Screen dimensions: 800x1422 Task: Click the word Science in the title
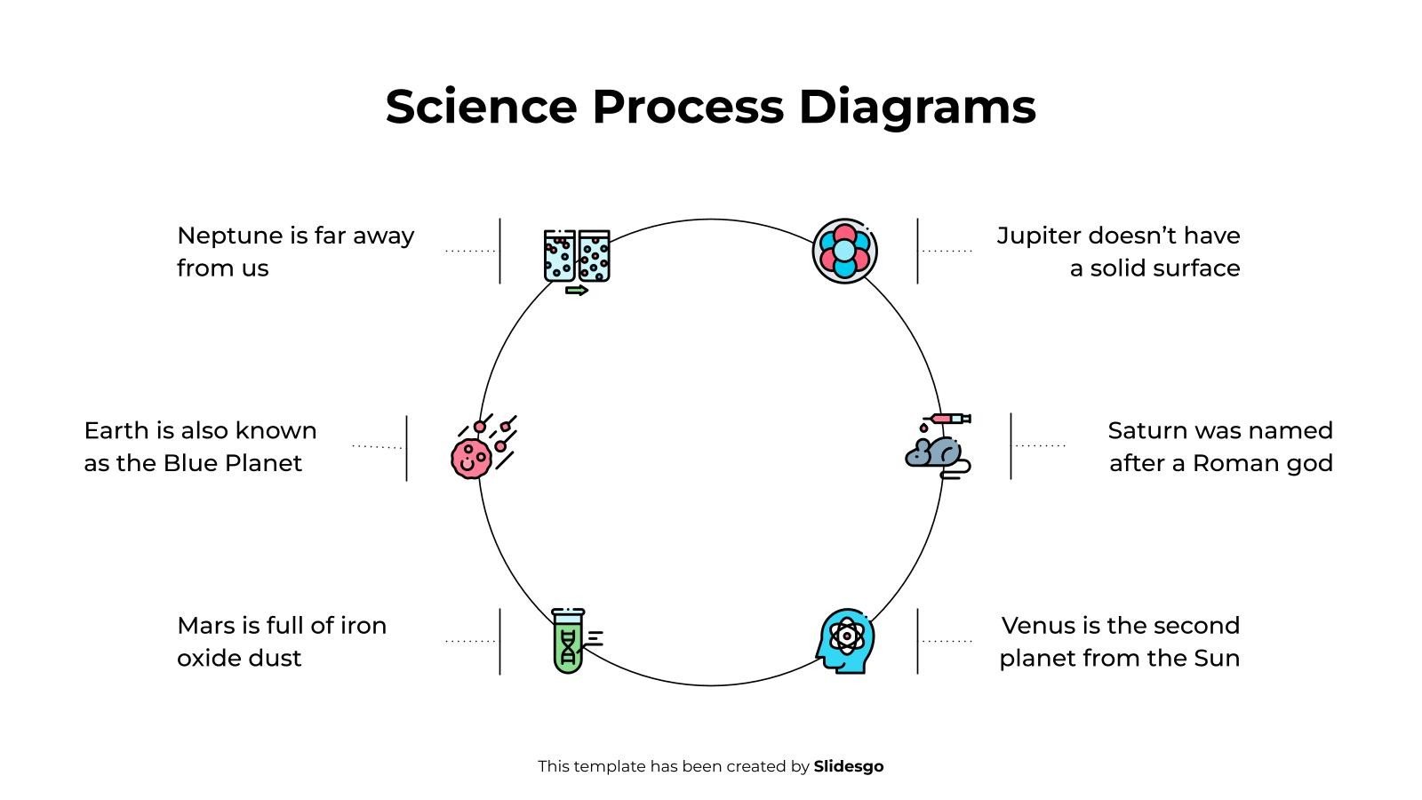(x=481, y=107)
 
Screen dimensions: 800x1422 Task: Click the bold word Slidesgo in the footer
(x=848, y=766)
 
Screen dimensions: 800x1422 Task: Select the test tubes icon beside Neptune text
(x=577, y=257)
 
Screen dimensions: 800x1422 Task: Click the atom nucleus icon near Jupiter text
(x=844, y=252)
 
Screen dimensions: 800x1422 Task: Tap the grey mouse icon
(x=935, y=452)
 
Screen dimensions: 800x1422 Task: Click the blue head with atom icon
(x=844, y=640)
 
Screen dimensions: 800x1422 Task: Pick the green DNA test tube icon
(x=569, y=641)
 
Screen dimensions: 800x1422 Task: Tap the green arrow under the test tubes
(x=577, y=291)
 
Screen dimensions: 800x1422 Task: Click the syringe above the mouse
(x=951, y=418)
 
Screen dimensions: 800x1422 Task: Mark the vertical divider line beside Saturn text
(x=1011, y=446)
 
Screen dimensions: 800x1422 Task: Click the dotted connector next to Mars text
(x=469, y=641)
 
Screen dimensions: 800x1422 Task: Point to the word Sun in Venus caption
(x=1217, y=659)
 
